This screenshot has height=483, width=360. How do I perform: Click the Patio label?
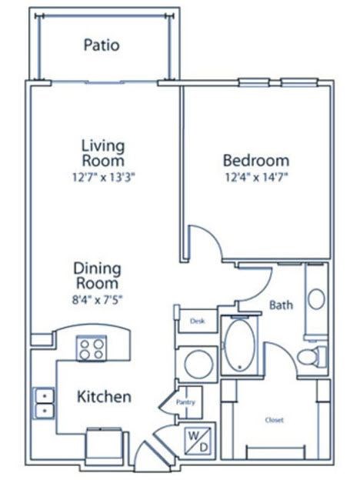coord(102,45)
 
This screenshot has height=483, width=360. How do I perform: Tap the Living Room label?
coord(102,152)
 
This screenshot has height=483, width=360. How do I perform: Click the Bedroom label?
coord(256,161)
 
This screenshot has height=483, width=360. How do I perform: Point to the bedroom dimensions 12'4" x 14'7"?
coord(256,178)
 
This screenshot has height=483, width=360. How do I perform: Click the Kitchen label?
coord(103,397)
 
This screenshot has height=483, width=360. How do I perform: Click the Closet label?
coord(274,421)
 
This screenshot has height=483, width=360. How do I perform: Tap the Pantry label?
coord(185,402)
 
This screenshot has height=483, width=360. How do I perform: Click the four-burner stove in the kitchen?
coord(92,350)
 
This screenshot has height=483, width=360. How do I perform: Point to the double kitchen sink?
coord(43,402)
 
